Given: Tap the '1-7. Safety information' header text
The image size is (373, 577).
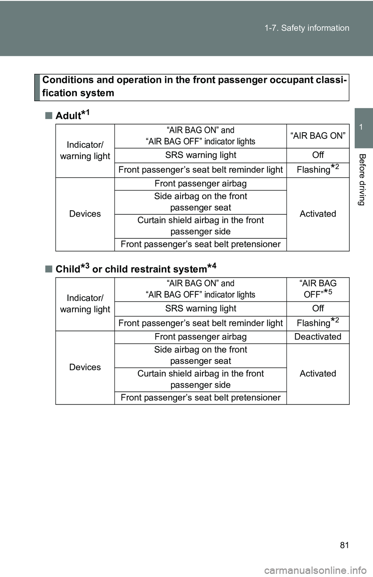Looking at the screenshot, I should click(307, 28).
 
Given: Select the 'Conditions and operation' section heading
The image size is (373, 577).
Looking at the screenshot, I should click(194, 86).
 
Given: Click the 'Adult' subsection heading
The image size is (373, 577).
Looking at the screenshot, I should click(72, 115).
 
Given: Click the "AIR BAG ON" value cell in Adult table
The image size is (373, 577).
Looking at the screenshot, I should click(318, 136).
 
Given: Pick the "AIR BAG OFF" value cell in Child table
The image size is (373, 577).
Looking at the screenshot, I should click(318, 289).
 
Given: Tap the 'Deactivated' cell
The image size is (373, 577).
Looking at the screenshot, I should click(318, 337).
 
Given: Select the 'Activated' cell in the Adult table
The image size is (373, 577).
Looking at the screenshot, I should click(318, 214).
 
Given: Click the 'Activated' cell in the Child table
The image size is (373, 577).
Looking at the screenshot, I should click(318, 374).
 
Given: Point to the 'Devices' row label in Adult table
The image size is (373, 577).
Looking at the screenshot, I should click(85, 214).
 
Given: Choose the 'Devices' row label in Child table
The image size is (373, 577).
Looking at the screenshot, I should click(85, 367).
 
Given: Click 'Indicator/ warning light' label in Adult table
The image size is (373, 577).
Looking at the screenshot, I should click(85, 150).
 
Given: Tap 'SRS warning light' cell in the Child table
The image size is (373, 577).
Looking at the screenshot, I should click(200, 308).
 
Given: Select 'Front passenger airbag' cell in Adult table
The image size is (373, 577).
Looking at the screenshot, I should click(200, 184).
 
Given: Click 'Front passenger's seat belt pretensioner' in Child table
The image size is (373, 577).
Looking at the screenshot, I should click(200, 397).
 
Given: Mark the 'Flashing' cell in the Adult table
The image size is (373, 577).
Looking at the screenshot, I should click(318, 169).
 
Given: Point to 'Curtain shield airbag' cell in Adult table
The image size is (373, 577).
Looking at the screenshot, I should click(200, 226).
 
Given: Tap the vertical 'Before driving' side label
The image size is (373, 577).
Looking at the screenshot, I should click(362, 179).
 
